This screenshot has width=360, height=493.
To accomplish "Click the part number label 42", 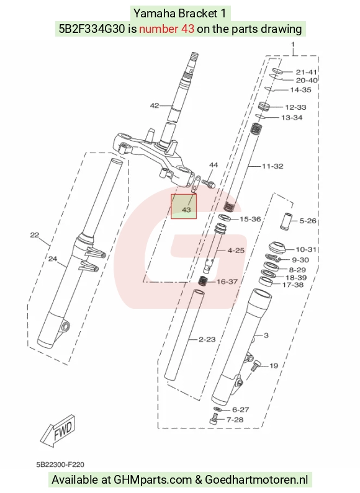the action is (x=154, y=105).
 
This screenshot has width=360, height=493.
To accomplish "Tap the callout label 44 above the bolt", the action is (x=214, y=165).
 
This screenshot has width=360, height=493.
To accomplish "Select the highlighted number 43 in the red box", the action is (x=186, y=210).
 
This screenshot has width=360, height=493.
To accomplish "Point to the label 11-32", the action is (x=272, y=166).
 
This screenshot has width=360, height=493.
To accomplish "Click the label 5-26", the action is (x=307, y=221).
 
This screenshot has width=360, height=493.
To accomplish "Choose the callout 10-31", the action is (x=306, y=249).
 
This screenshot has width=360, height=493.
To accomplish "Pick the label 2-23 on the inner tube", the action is (x=207, y=339).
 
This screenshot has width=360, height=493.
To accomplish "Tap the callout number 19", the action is (x=274, y=366).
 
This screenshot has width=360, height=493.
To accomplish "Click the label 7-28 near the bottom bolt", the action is (x=235, y=420).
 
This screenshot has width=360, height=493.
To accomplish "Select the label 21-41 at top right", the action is (x=306, y=72).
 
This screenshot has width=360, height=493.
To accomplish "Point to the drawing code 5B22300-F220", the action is (x=60, y=464).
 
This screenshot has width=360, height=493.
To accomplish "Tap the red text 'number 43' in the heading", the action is (x=166, y=29).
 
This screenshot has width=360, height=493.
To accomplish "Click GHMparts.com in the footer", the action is (x=153, y=480).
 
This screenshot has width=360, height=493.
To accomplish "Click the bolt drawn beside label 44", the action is (x=208, y=183).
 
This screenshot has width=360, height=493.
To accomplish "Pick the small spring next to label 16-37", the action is (x=203, y=280).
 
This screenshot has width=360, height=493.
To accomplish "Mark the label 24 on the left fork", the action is (x=53, y=259).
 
